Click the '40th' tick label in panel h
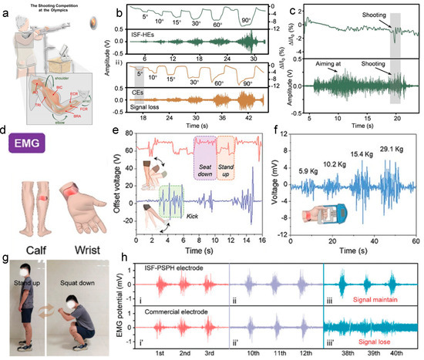coord(403,352)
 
